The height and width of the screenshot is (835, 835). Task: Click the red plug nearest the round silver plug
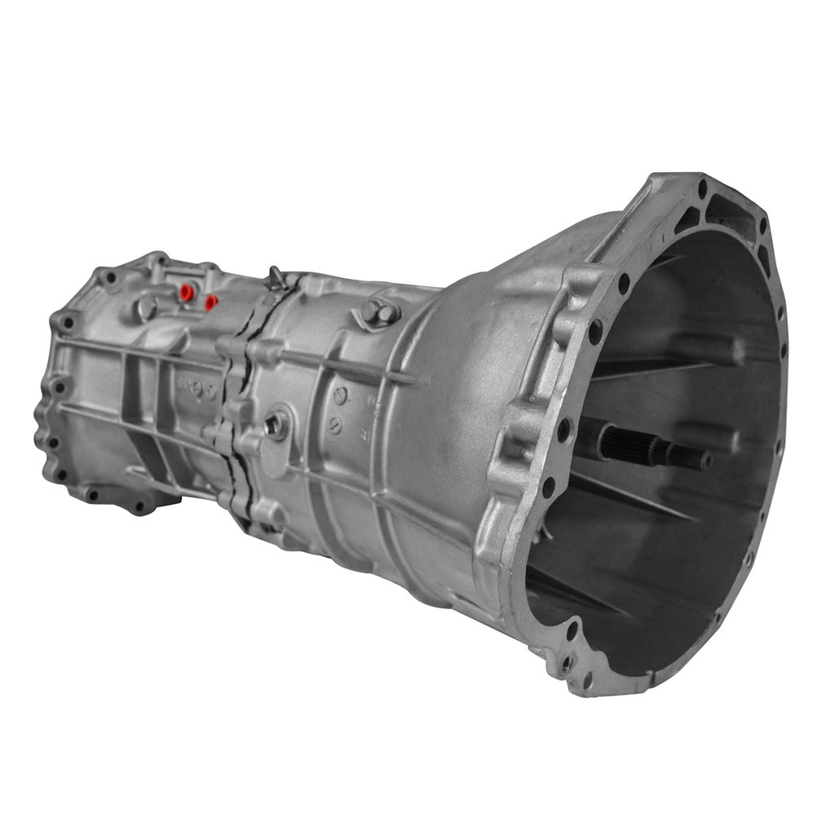pyautogui.click(x=186, y=291)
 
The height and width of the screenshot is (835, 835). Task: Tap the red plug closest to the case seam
pyautogui.click(x=210, y=303)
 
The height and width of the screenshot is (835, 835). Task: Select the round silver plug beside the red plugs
pyautogui.click(x=147, y=307)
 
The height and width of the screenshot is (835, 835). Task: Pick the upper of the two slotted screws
pyautogui.click(x=340, y=396)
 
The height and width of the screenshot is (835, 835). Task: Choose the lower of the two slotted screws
pyautogui.click(x=334, y=426)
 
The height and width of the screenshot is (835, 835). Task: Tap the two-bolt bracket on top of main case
pyautogui.click(x=378, y=311)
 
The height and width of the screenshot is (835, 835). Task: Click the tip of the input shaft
pyautogui.click(x=704, y=462)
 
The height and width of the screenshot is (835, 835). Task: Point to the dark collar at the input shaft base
pyautogui.click(x=589, y=435)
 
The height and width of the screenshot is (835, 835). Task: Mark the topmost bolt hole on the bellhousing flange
pyautogui.click(x=702, y=188)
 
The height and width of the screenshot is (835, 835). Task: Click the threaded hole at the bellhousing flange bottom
pyautogui.click(x=568, y=661)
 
